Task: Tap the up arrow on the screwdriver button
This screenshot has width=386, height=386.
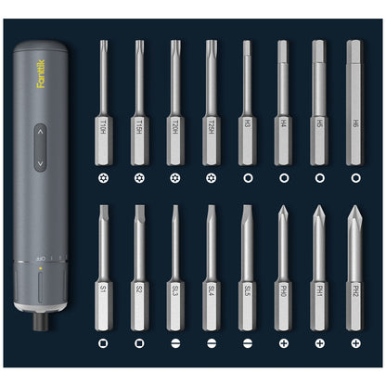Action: click(x=39, y=134)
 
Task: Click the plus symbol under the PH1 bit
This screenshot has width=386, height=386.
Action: click(x=319, y=343)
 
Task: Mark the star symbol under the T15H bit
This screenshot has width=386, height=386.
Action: click(x=139, y=176)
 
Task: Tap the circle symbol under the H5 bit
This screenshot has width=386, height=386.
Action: click(x=319, y=176)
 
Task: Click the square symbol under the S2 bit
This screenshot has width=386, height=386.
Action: click(x=139, y=343)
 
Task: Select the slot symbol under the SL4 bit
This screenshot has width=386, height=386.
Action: click(x=211, y=343)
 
